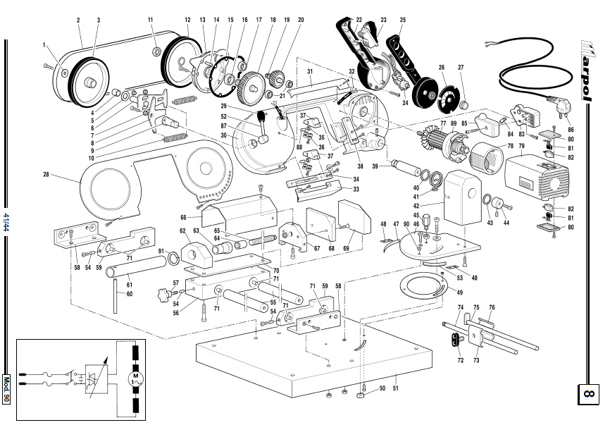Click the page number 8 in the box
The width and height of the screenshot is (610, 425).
587,394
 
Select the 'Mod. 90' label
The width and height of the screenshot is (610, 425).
6,390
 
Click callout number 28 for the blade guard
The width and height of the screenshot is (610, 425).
46,174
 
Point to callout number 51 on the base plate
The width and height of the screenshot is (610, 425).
396,388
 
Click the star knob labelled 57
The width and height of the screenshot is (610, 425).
163,294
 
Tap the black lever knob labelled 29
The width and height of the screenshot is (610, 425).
261,116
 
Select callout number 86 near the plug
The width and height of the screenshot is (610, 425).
571,130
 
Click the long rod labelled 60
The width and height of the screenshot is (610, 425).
116,295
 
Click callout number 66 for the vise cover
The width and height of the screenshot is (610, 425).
184,218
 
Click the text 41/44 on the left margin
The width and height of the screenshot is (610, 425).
6,222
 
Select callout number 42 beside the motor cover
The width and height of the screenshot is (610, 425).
416,206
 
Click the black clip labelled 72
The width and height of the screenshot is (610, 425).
455,339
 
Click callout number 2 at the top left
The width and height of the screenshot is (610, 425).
78,20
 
